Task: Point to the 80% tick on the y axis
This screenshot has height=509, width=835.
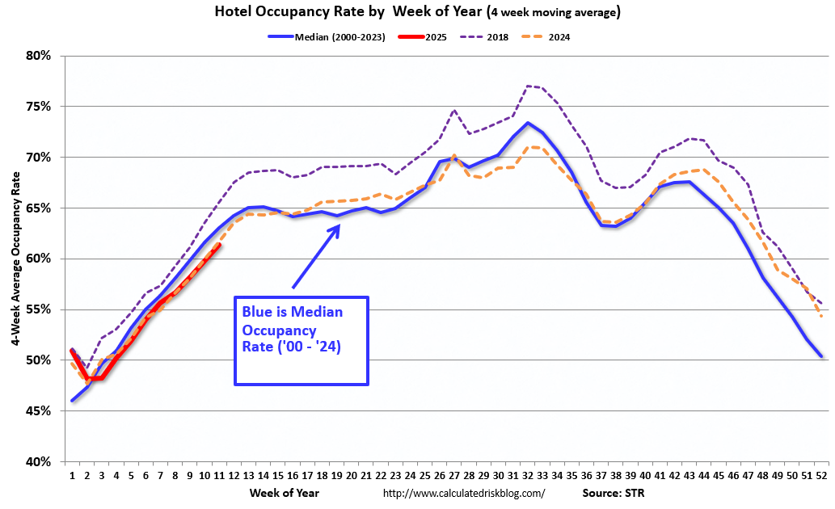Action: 38,56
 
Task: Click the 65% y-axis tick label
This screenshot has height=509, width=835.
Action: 38,208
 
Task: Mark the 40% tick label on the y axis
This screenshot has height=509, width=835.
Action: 38,462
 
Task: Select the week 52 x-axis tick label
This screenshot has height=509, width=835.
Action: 821,476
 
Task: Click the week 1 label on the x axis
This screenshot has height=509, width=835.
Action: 72,476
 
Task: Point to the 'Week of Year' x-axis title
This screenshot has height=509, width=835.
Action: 285,493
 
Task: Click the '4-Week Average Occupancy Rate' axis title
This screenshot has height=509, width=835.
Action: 15,259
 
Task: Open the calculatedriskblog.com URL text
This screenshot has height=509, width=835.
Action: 463,493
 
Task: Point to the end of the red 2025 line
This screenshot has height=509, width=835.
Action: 219,246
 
